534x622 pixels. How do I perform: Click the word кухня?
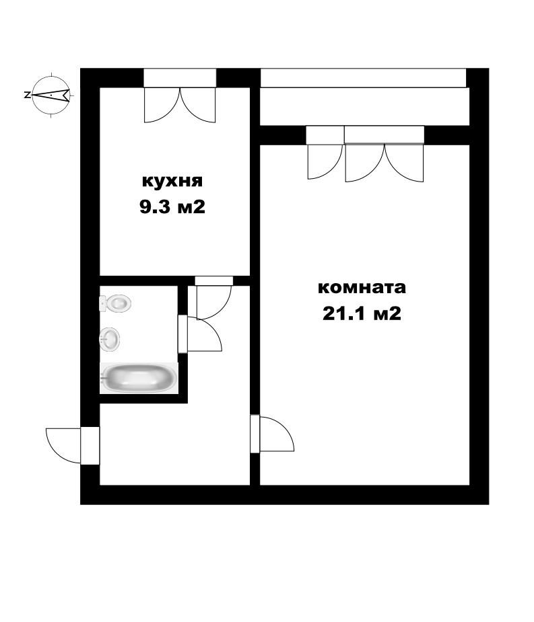tap(172, 182)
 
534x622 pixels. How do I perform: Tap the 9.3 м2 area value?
tap(172, 207)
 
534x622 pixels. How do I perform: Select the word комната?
tap(362, 288)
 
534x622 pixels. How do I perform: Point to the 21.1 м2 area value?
tap(362, 313)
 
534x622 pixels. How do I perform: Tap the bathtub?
tap(139, 378)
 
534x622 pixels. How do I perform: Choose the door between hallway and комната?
tap(276, 434)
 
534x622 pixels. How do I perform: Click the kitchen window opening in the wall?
tap(180, 77)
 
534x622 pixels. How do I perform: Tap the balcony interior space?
tap(364, 106)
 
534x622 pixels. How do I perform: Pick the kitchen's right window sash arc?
tap(198, 106)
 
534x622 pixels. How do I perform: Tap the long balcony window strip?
tap(364, 77)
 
